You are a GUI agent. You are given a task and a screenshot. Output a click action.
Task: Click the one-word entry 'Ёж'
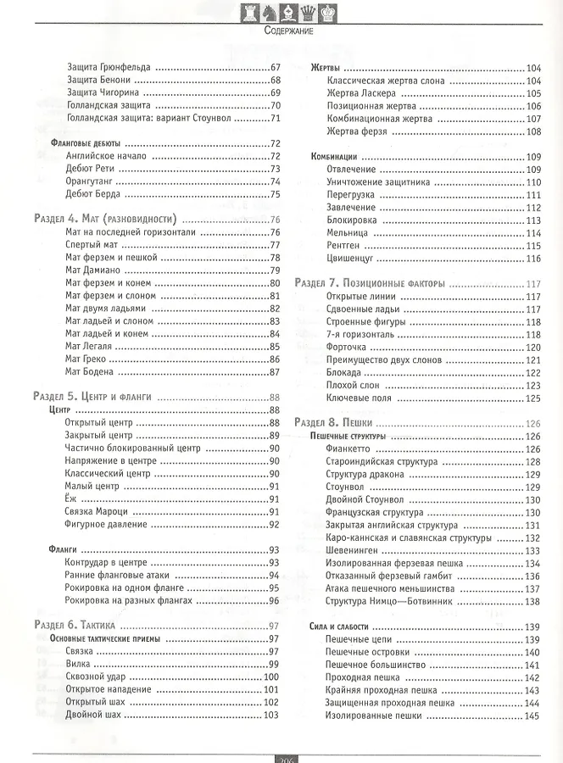click(x=70, y=499)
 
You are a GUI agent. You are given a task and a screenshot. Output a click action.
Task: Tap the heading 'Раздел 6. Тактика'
click(x=80, y=626)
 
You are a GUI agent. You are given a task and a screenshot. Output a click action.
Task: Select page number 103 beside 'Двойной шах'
click(x=271, y=715)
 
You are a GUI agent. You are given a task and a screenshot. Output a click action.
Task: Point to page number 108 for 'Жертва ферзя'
click(x=532, y=131)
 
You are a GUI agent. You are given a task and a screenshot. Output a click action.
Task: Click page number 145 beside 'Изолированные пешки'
click(x=532, y=716)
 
